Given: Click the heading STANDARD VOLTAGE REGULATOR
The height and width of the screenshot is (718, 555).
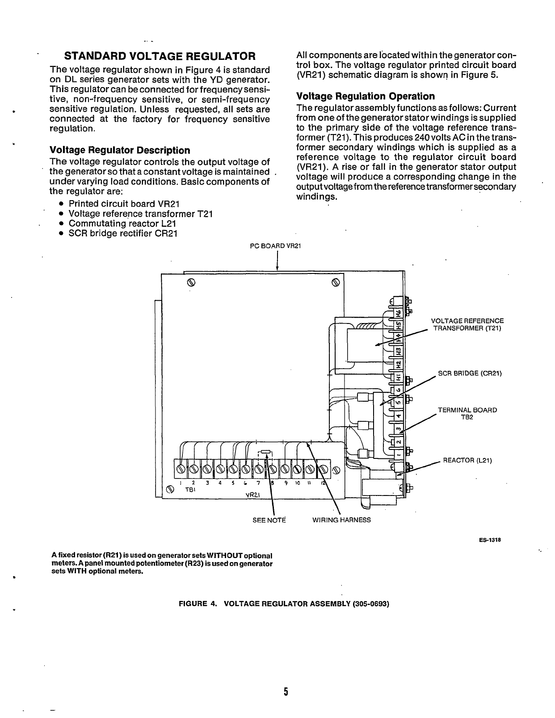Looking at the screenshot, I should [160, 56].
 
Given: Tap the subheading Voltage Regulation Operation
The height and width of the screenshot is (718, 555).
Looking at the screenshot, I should [365, 96].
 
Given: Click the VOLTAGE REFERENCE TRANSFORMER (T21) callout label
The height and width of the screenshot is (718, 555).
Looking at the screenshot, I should [467, 325].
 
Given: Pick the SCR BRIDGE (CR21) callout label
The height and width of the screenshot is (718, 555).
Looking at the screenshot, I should [470, 373].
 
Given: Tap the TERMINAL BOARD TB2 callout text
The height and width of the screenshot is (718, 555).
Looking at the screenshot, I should [467, 414].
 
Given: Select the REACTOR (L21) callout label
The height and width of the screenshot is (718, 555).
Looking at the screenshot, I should [467, 460].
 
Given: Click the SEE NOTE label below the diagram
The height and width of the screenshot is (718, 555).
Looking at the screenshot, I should [269, 520].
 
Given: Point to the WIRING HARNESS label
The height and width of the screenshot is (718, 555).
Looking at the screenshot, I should [341, 520].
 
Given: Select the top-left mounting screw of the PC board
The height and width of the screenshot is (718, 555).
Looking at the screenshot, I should [190, 282].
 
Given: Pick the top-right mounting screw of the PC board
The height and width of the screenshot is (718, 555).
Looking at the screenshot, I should [336, 282].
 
